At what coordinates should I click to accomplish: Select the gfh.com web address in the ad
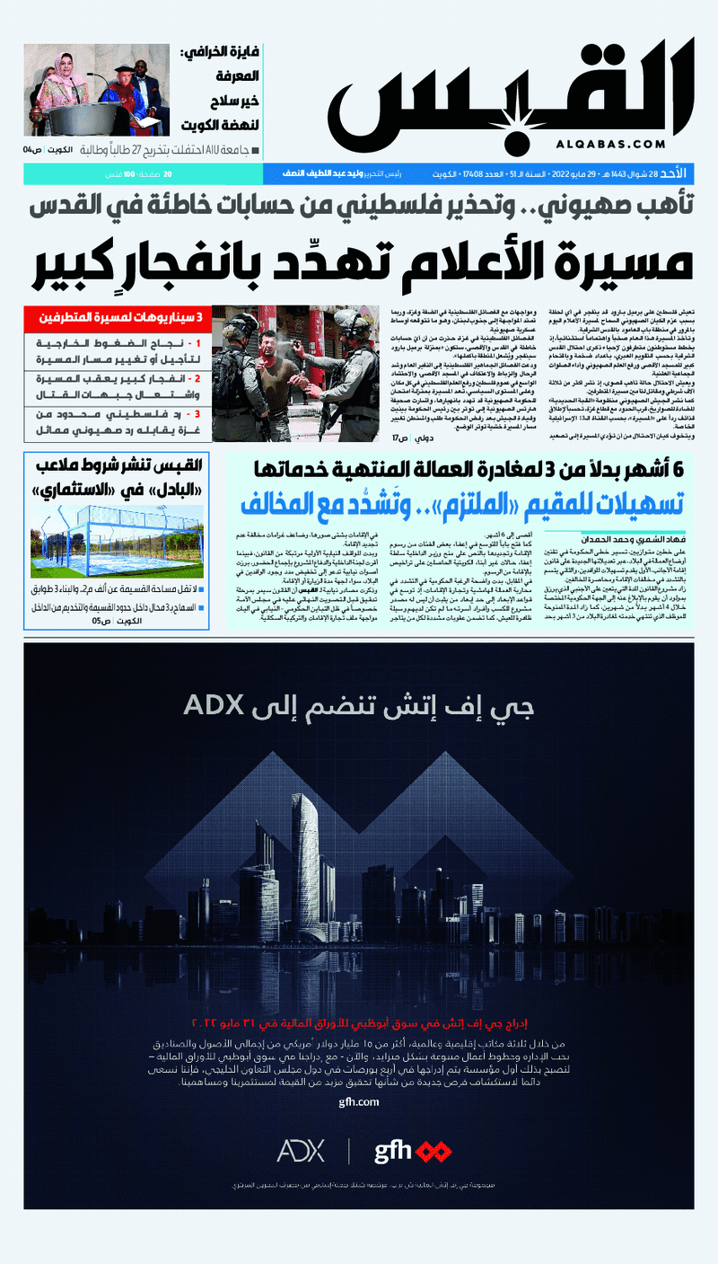click(x=359, y=1101)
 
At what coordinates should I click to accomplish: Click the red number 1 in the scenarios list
click(x=199, y=343)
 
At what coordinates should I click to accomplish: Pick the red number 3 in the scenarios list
click(x=199, y=415)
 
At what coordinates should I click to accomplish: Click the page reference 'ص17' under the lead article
click(x=400, y=438)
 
